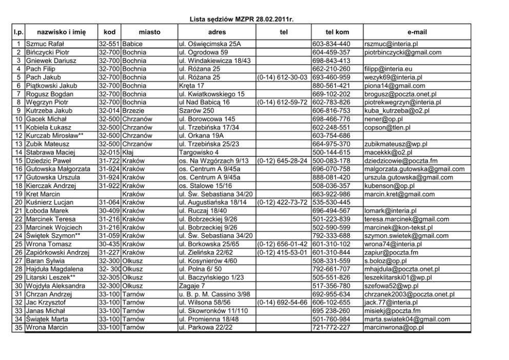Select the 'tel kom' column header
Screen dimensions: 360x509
pos(337,32)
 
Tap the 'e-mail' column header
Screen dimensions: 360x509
pos(417,32)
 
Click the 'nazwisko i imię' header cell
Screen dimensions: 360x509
pos(57,32)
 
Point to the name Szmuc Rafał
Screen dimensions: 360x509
pos(44,44)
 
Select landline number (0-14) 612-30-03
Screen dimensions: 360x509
pos(283,77)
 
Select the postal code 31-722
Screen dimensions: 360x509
pos(109,161)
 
